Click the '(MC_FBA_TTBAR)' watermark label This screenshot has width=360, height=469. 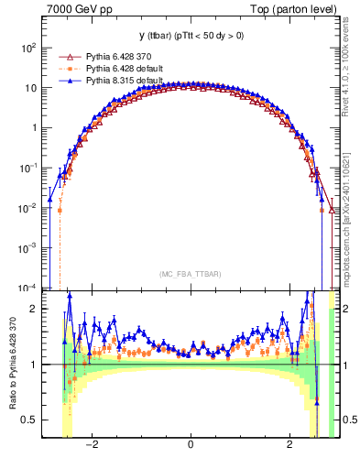pyautogui.click(x=190, y=274)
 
